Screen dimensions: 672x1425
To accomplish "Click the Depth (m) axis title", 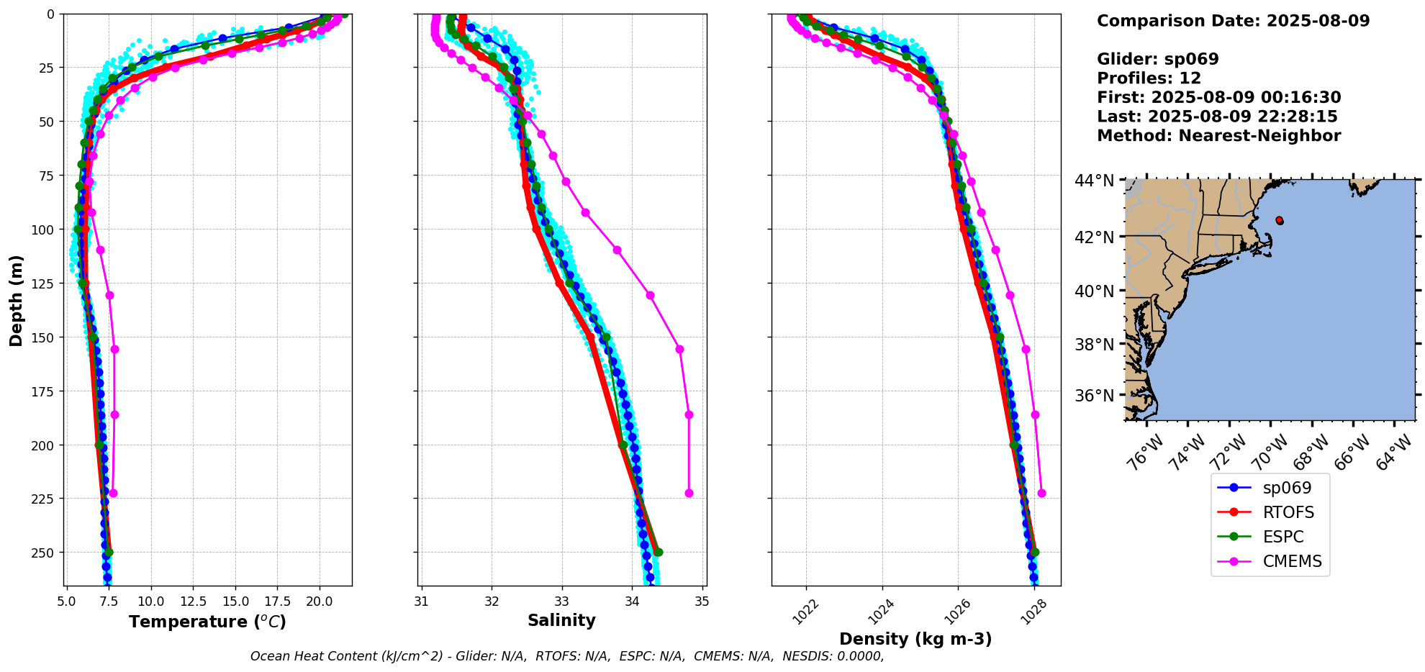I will pos(16,300).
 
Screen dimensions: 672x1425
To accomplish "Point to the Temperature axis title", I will pos(207,622).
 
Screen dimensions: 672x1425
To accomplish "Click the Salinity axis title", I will pos(561,620).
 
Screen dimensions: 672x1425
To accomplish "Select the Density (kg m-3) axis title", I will pos(915,639).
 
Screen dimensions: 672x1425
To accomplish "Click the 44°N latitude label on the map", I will pos(1094,181).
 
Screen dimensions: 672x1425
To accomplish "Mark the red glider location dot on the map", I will pos(1279,220).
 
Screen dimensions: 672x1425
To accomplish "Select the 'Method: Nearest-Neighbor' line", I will pos(1218,136).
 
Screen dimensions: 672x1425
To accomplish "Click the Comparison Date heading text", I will pos(1233,21).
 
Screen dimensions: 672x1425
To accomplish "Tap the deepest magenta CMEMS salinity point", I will pos(689,493).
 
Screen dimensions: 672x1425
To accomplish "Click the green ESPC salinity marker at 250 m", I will pos(658,553).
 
